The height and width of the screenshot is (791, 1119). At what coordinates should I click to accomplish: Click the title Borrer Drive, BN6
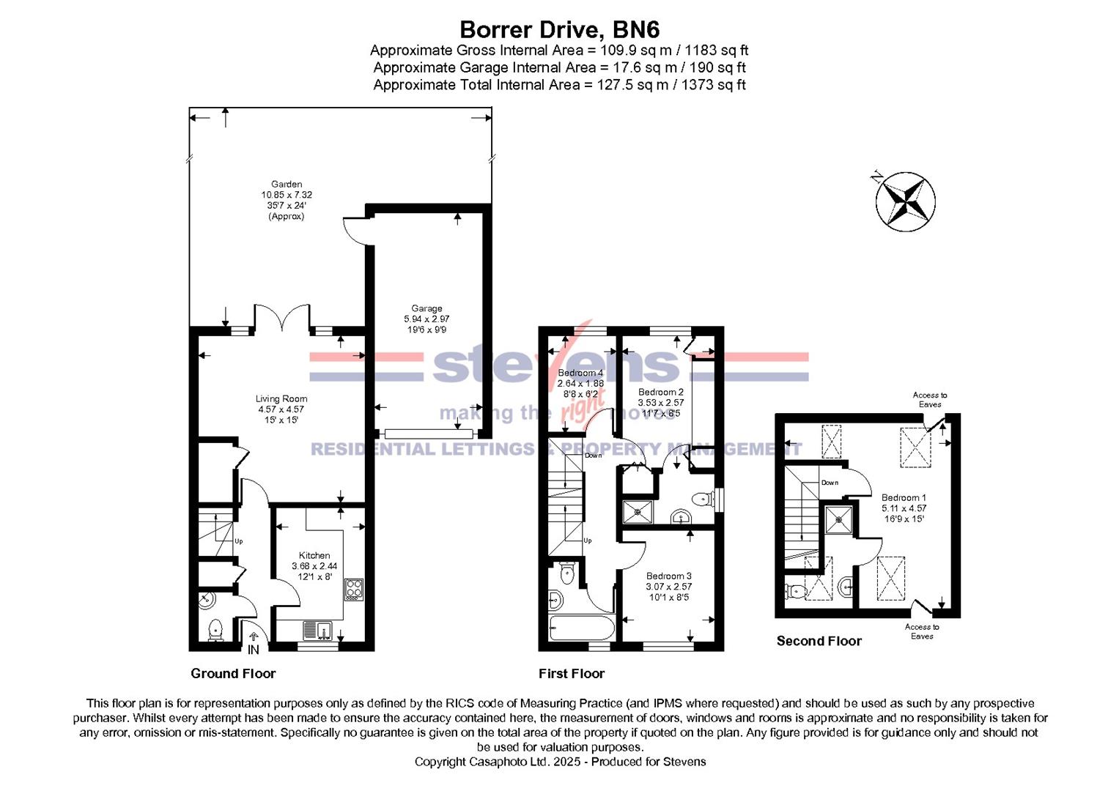point(559,29)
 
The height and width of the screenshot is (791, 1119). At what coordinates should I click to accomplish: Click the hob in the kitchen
point(354,590)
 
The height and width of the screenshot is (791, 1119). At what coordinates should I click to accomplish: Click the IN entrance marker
point(254,649)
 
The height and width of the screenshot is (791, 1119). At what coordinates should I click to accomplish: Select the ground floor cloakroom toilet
point(215,629)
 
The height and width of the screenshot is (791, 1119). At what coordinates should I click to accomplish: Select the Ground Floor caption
point(233,673)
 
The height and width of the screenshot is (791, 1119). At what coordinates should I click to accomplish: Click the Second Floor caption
point(819,641)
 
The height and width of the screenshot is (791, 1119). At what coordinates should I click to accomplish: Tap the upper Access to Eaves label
point(929,399)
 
